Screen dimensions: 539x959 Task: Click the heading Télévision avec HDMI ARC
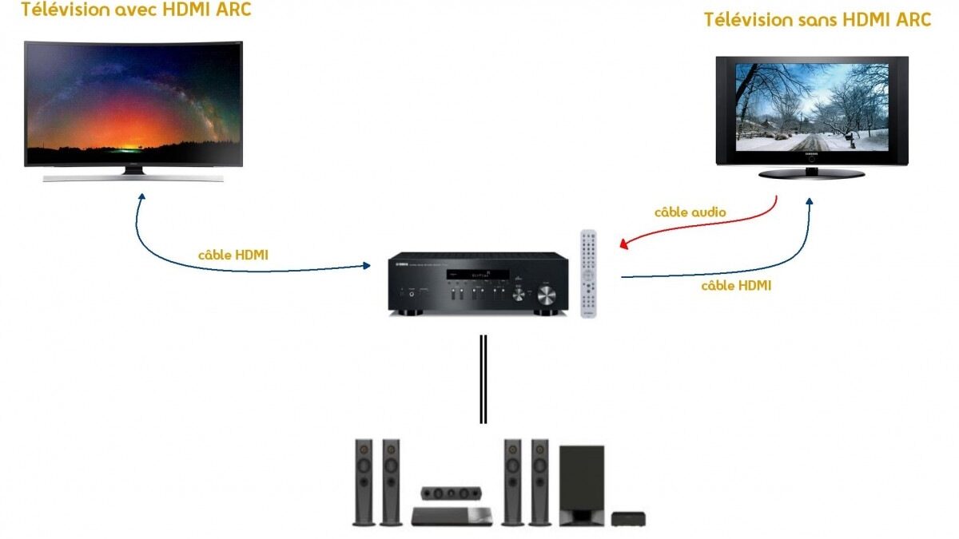(x=136, y=11)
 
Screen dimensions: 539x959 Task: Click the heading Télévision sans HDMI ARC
(x=817, y=20)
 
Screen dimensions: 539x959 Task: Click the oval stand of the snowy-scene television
(x=811, y=172)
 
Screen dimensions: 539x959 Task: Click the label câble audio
(x=690, y=212)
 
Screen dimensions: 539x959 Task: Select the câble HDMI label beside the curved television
(x=233, y=255)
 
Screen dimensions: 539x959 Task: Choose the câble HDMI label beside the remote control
(x=736, y=285)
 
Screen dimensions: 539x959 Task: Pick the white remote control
(x=588, y=274)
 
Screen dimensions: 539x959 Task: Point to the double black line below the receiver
(x=483, y=378)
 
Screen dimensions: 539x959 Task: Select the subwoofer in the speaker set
(x=581, y=485)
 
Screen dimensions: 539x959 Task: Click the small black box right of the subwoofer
(x=628, y=519)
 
